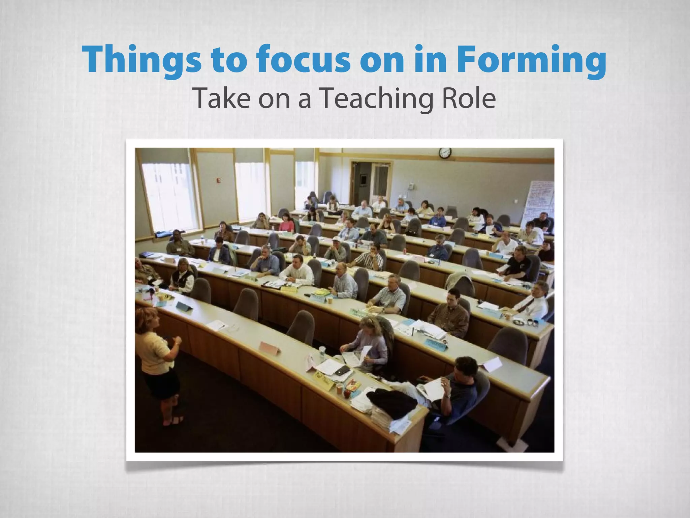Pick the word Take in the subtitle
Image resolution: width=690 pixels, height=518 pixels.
click(223, 98)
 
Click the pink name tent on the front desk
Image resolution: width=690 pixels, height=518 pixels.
click(270, 347)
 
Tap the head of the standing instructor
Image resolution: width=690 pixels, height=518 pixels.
click(148, 319)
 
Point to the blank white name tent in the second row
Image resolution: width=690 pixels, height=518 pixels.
click(492, 364)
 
